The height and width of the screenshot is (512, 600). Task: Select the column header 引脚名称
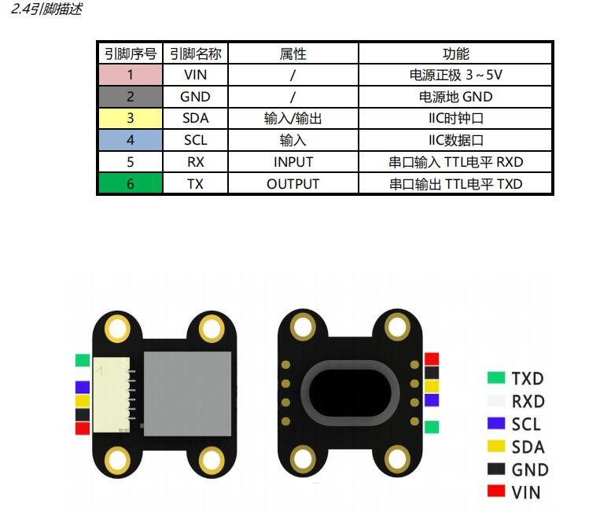[x=195, y=53]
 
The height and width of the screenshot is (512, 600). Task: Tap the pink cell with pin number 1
[x=130, y=76]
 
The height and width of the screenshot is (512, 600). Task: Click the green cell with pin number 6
[x=130, y=183]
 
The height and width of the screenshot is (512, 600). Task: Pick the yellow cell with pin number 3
[x=130, y=119]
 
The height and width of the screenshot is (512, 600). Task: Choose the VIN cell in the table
[x=195, y=76]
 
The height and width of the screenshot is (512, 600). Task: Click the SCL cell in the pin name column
[x=195, y=140]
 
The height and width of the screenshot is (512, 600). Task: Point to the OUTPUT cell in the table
[x=293, y=183]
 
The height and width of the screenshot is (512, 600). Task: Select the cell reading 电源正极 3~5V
[x=455, y=76]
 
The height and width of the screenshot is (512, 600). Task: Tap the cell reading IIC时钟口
[x=455, y=119]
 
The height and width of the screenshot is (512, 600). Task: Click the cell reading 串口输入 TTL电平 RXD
[x=455, y=162]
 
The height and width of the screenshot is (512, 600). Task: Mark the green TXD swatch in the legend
[x=495, y=378]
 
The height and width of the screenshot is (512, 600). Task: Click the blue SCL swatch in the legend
[x=495, y=423]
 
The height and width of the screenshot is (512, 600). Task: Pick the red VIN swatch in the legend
[x=495, y=492]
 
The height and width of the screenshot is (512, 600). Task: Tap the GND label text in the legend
[x=529, y=470]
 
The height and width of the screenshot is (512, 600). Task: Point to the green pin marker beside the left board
[x=83, y=360]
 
